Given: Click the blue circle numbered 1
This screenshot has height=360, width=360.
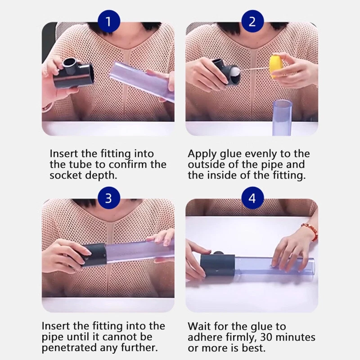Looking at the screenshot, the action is [x=109, y=21].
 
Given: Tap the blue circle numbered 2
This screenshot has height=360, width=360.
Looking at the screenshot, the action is [x=252, y=21].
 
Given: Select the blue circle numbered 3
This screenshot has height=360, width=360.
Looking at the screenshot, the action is [x=109, y=198].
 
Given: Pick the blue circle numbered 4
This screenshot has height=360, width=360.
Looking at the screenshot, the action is [x=252, y=198].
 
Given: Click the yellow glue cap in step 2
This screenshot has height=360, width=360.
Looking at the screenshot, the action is [x=274, y=67].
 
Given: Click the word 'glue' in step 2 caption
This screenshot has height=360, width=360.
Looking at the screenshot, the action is [x=230, y=154].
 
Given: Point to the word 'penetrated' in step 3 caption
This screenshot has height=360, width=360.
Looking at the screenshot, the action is [x=69, y=348].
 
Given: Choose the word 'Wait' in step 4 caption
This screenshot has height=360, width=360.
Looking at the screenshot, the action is [x=198, y=326].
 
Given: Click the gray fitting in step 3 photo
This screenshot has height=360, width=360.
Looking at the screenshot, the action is [x=94, y=255].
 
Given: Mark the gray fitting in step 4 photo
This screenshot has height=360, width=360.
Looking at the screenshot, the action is [x=218, y=265].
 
